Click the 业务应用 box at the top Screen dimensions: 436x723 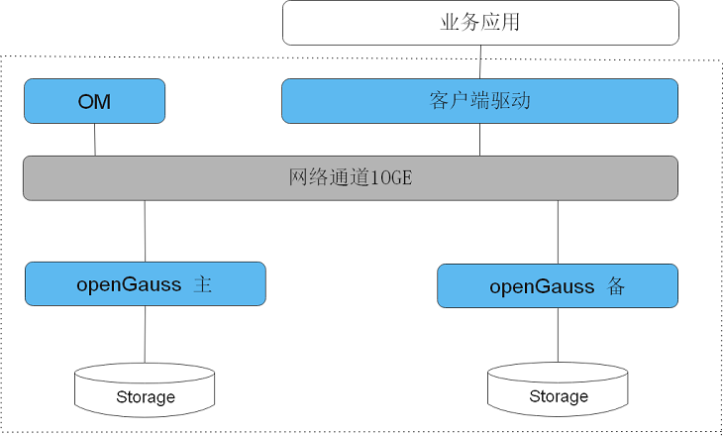coord(480,23)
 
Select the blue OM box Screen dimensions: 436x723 coord(94,101)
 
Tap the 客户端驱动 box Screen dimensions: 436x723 coord(480,101)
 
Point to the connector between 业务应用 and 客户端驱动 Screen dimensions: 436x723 coord(480,62)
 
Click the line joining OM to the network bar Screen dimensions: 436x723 coord(95,140)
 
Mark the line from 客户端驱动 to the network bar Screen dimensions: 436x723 coord(480,140)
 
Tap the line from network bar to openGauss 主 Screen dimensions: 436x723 coord(145,231)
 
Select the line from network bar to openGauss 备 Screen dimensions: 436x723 coord(558,232)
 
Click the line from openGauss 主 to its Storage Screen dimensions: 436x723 coord(145,334)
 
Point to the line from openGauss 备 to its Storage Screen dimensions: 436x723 coord(558,336)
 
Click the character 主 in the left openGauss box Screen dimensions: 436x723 coord(203,285)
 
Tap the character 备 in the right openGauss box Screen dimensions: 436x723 coord(616,287)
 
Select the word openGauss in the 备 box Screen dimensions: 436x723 coord(542,287)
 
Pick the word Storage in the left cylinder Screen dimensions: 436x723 coord(145,397)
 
